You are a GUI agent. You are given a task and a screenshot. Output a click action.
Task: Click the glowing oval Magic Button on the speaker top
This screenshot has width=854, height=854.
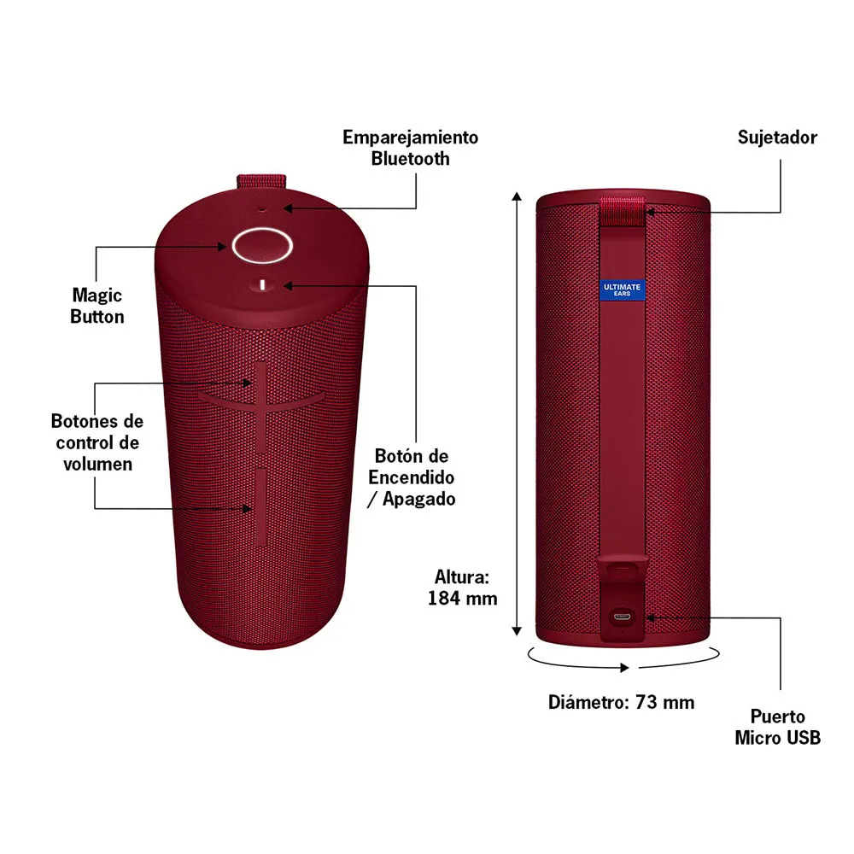pyautogui.click(x=262, y=246)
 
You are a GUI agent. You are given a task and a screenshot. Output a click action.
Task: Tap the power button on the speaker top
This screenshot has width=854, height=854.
pyautogui.click(x=262, y=285)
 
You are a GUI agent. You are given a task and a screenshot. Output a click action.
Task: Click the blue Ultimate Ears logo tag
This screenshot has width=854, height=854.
pyautogui.click(x=622, y=290)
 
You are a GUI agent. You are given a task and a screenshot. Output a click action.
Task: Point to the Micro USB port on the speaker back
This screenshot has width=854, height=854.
pyautogui.click(x=622, y=617)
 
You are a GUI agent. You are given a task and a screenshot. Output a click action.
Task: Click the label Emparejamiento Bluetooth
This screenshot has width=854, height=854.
pyautogui.click(x=410, y=148)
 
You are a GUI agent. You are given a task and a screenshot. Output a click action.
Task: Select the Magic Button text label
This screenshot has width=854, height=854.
pyautogui.click(x=97, y=306)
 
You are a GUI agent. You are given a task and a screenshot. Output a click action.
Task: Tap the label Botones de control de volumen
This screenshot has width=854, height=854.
pyautogui.click(x=97, y=442)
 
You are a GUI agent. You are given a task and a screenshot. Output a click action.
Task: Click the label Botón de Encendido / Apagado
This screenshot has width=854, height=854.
pyautogui.click(x=412, y=477)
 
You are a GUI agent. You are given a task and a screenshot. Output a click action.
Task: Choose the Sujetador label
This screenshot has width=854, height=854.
pyautogui.click(x=777, y=137)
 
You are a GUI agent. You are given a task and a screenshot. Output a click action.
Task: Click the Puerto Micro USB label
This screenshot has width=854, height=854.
pyautogui.click(x=777, y=727)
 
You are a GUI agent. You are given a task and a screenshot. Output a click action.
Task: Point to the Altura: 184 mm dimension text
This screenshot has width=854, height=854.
pyautogui.click(x=462, y=588)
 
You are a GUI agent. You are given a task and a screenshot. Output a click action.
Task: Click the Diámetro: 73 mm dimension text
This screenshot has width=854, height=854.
pyautogui.click(x=621, y=702)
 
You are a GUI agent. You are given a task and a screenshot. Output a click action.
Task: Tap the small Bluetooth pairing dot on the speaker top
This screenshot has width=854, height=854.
pyautogui.click(x=261, y=208)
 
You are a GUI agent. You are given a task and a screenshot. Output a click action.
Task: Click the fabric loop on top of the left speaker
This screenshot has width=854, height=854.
pyautogui.click(x=261, y=181)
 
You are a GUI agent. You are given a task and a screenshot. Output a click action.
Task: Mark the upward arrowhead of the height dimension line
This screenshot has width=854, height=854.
pyautogui.click(x=517, y=196)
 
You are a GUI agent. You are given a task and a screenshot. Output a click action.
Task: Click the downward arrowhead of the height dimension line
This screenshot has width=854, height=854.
pyautogui.click(x=517, y=631)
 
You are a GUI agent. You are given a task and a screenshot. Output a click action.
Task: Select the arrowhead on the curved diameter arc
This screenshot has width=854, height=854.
pyautogui.click(x=625, y=667)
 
